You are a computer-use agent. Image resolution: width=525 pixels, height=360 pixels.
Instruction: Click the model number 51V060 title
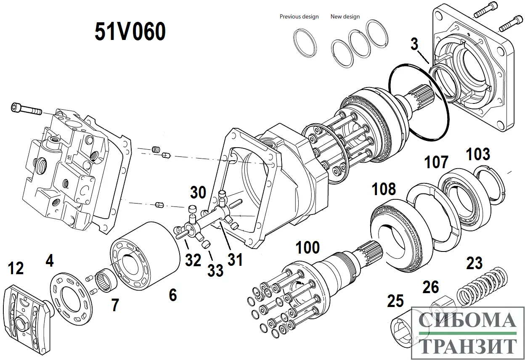point(130,32)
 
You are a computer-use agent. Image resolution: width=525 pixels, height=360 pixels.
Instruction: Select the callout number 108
point(384,189)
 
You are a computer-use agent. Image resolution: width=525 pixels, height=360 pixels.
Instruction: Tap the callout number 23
point(475,263)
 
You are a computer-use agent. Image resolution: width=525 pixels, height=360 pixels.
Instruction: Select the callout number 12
point(16,268)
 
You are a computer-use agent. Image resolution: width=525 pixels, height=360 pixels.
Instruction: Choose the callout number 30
point(198,193)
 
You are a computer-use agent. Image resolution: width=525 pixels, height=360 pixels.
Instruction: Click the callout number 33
point(215,270)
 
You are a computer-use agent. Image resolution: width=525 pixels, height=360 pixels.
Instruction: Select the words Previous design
point(299,17)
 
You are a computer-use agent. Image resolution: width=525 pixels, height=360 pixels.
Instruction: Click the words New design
point(345,17)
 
